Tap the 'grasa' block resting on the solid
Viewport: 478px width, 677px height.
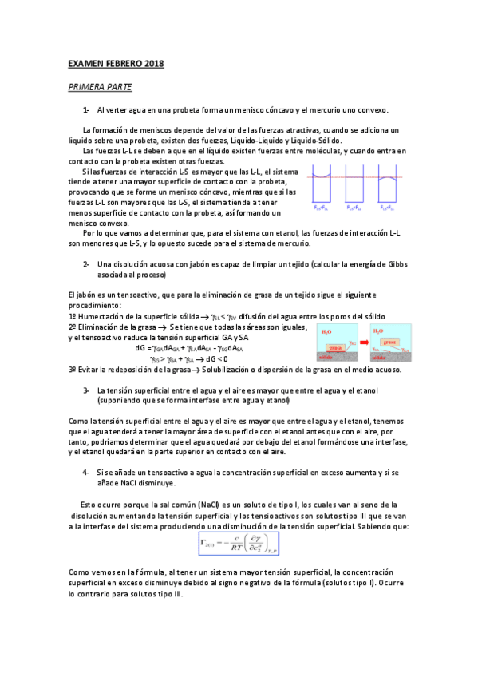coord(336,348)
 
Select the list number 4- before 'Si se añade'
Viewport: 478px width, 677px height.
coord(85,473)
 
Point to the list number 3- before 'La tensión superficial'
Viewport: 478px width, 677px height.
coord(85,390)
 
